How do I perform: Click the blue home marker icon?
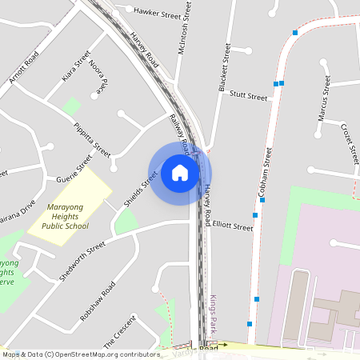click(x=180, y=173)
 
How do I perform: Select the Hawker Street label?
click(x=158, y=13)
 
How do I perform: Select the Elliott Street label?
click(x=233, y=226)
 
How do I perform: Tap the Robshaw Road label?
click(x=98, y=301)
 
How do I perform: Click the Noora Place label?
click(x=98, y=77)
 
